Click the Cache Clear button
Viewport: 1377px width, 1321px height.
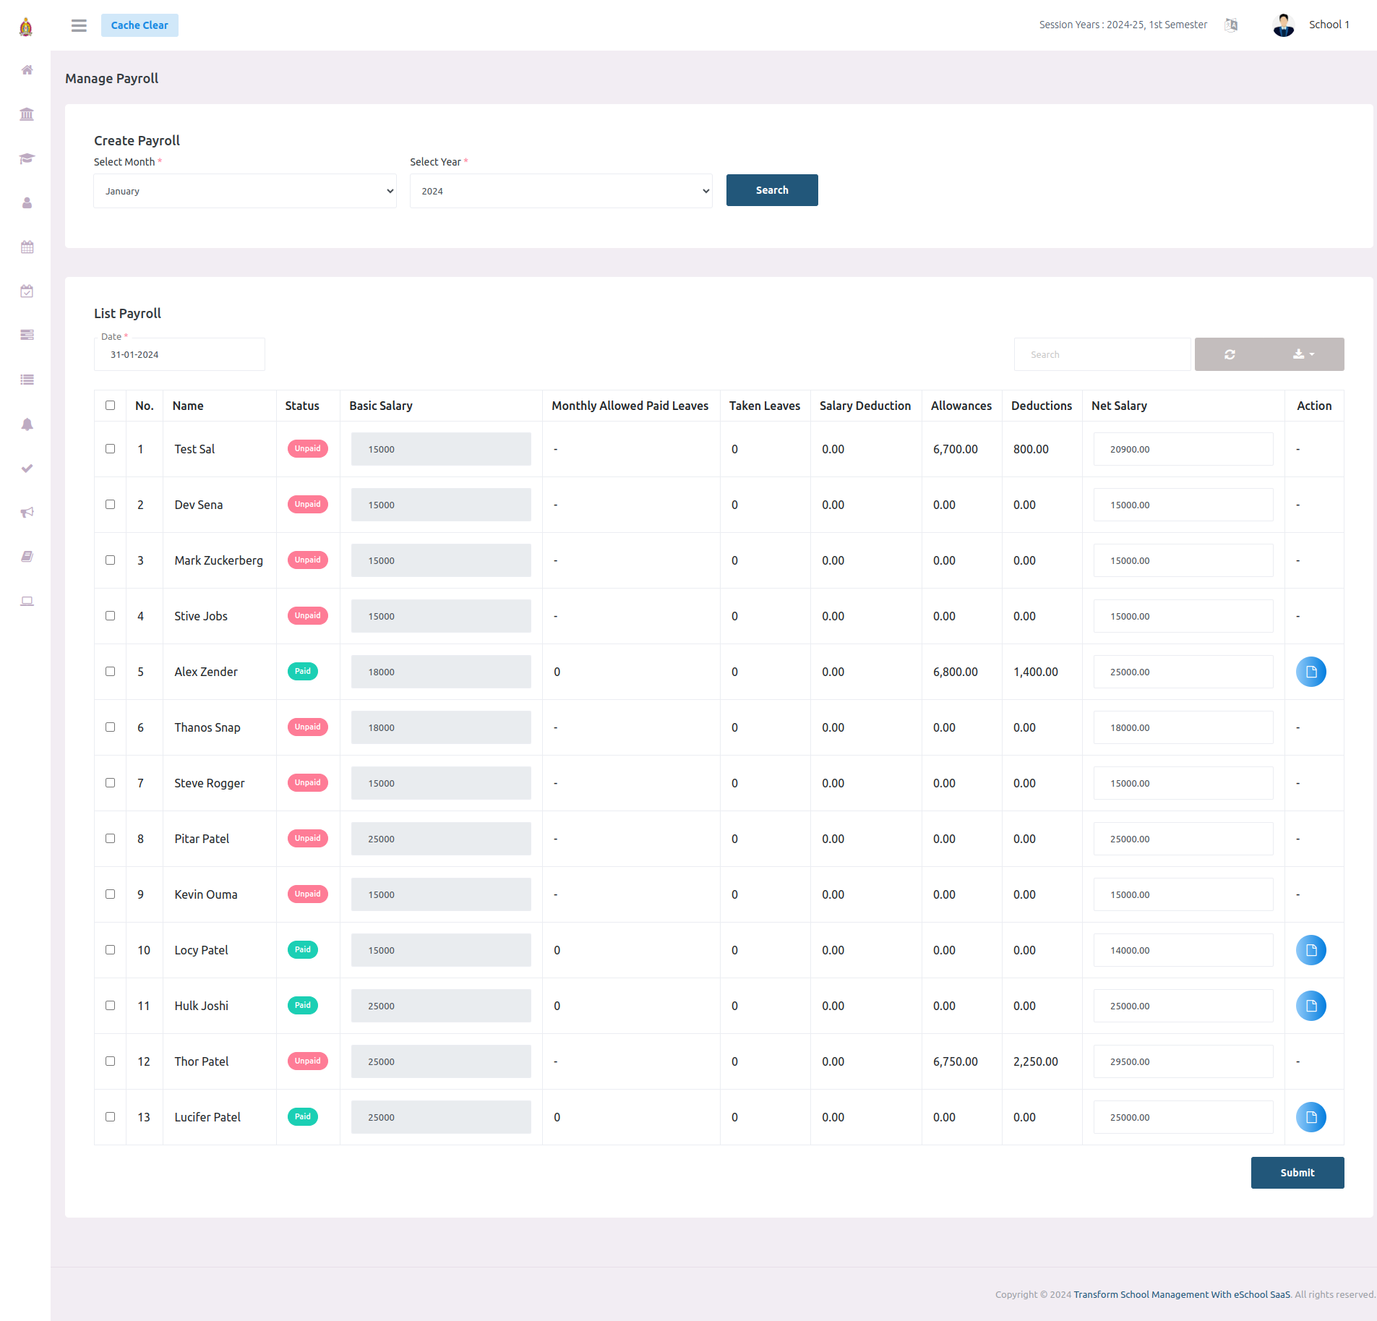pos(140,25)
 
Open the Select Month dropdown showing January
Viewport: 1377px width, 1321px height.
pos(244,191)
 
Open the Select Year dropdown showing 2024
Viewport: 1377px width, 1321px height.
pos(561,191)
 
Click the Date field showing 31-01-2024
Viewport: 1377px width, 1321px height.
pos(179,354)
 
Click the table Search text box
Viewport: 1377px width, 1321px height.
pos(1102,354)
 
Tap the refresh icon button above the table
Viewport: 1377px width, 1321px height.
pos(1230,354)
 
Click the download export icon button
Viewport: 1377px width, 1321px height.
pos(1303,354)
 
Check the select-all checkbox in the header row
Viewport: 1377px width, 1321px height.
pos(111,406)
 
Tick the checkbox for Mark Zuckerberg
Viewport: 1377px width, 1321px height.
pos(111,560)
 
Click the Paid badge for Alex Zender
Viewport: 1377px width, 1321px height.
pos(303,672)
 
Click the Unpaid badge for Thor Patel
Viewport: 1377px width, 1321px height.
pos(307,1061)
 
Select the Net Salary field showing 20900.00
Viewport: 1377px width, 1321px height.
pos(1183,449)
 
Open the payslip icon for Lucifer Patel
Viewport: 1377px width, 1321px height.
pos(1310,1117)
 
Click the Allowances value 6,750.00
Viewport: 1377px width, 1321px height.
pos(955,1061)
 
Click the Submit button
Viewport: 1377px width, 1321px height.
pos(1297,1173)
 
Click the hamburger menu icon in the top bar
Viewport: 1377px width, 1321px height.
pos(79,25)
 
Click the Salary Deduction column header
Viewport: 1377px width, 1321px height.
pos(865,406)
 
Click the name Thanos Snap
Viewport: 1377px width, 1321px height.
pos(207,727)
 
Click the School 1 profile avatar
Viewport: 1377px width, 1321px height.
pos(1283,25)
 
